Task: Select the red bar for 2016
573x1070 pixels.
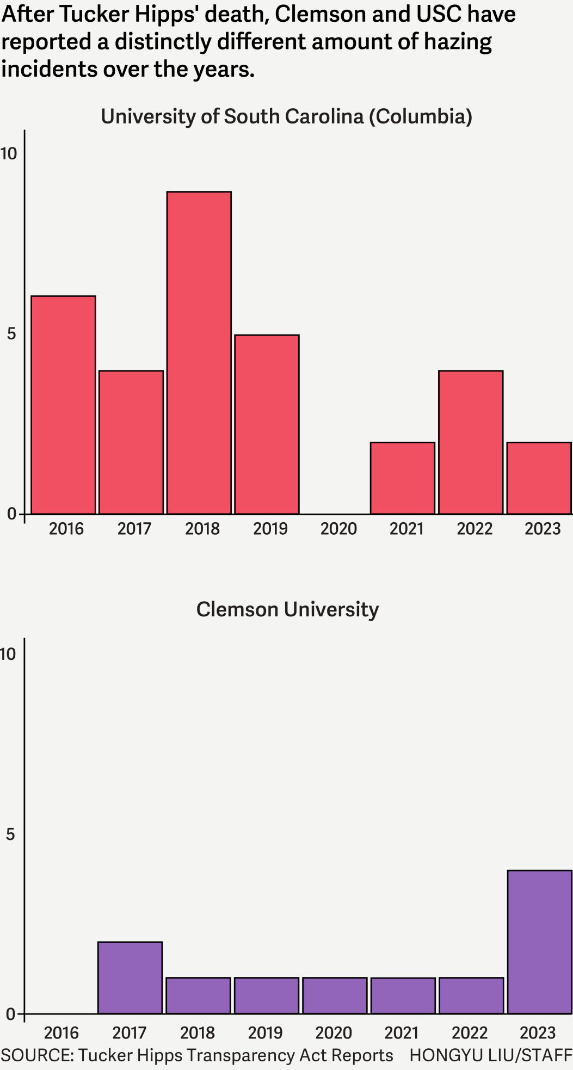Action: tap(63, 405)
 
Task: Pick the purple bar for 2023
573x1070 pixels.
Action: tap(539, 942)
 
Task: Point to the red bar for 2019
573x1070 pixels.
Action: tap(267, 424)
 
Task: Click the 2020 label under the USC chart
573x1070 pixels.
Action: tap(338, 528)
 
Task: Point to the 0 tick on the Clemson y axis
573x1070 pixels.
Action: tap(11, 1014)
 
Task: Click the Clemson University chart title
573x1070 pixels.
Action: tap(287, 609)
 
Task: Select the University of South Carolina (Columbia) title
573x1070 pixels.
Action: tap(286, 116)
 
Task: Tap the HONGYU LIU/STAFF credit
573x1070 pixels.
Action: tap(490, 1055)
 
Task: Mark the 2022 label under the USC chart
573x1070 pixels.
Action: tap(475, 528)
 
